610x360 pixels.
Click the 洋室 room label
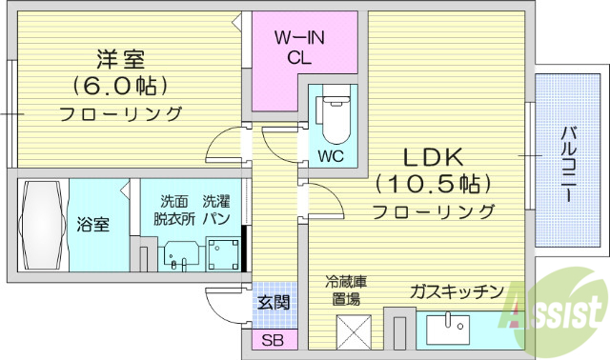tap(121, 58)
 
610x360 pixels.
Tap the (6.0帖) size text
tap(121, 86)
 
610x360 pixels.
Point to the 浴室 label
tap(92, 226)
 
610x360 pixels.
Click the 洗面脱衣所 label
tap(174, 210)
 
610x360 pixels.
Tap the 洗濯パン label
tap(216, 210)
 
